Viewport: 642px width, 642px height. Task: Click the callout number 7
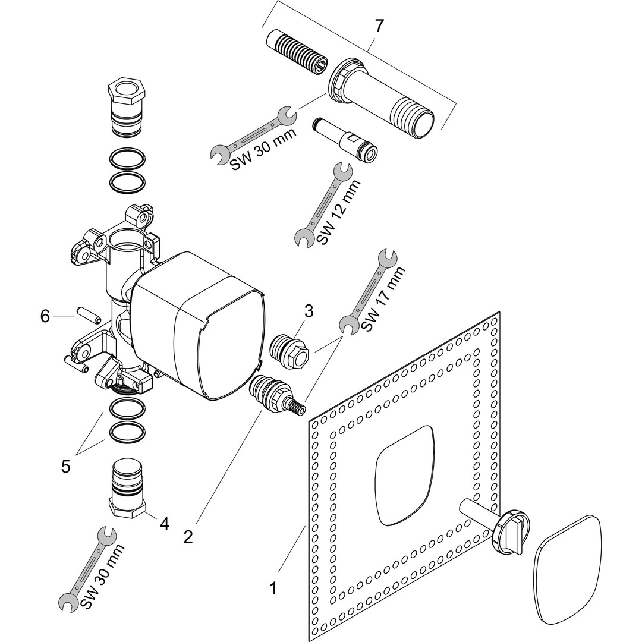tap(379, 26)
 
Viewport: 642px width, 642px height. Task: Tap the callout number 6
tap(45, 316)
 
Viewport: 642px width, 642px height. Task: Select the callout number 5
tap(65, 466)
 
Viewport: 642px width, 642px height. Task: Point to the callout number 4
tap(164, 524)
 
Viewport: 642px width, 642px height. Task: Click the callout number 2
tap(188, 537)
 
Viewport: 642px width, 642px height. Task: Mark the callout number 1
tap(273, 588)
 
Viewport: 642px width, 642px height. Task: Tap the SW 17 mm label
tap(384, 299)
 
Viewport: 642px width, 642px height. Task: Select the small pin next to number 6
tap(84, 313)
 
